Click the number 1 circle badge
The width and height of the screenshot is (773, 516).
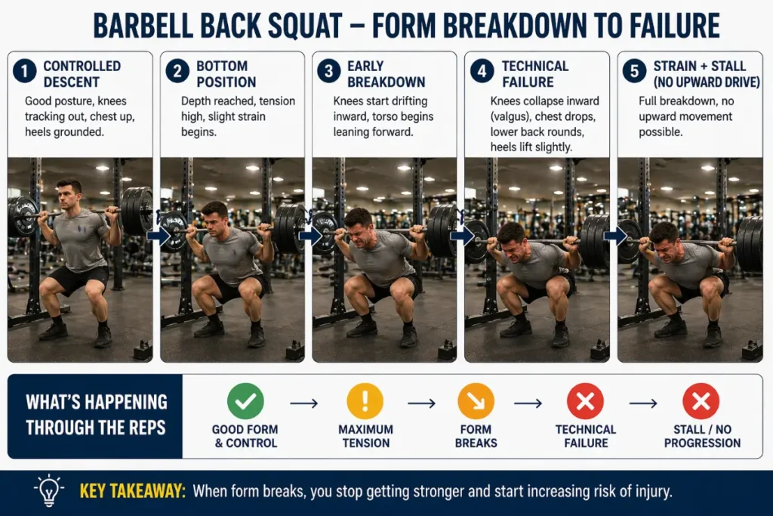tap(25, 72)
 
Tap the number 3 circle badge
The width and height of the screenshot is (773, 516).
tap(329, 72)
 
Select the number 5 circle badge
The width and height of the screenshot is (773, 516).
tap(634, 72)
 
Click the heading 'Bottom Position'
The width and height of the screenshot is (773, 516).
tap(226, 73)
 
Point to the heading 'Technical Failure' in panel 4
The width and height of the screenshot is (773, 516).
tap(535, 73)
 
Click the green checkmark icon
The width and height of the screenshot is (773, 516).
tap(245, 401)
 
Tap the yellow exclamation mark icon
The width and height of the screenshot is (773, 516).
tap(365, 401)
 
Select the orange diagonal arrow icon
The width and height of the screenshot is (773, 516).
tap(476, 401)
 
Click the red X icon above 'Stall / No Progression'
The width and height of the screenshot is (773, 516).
tap(701, 401)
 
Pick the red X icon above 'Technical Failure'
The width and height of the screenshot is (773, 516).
tap(586, 401)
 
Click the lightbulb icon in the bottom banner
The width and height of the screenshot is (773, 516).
tap(48, 490)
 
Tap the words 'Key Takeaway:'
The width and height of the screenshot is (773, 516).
tap(132, 491)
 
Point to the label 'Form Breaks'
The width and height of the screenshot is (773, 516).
tap(476, 436)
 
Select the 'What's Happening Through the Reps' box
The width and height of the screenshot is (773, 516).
tap(95, 416)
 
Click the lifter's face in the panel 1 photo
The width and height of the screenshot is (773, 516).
tap(69, 195)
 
